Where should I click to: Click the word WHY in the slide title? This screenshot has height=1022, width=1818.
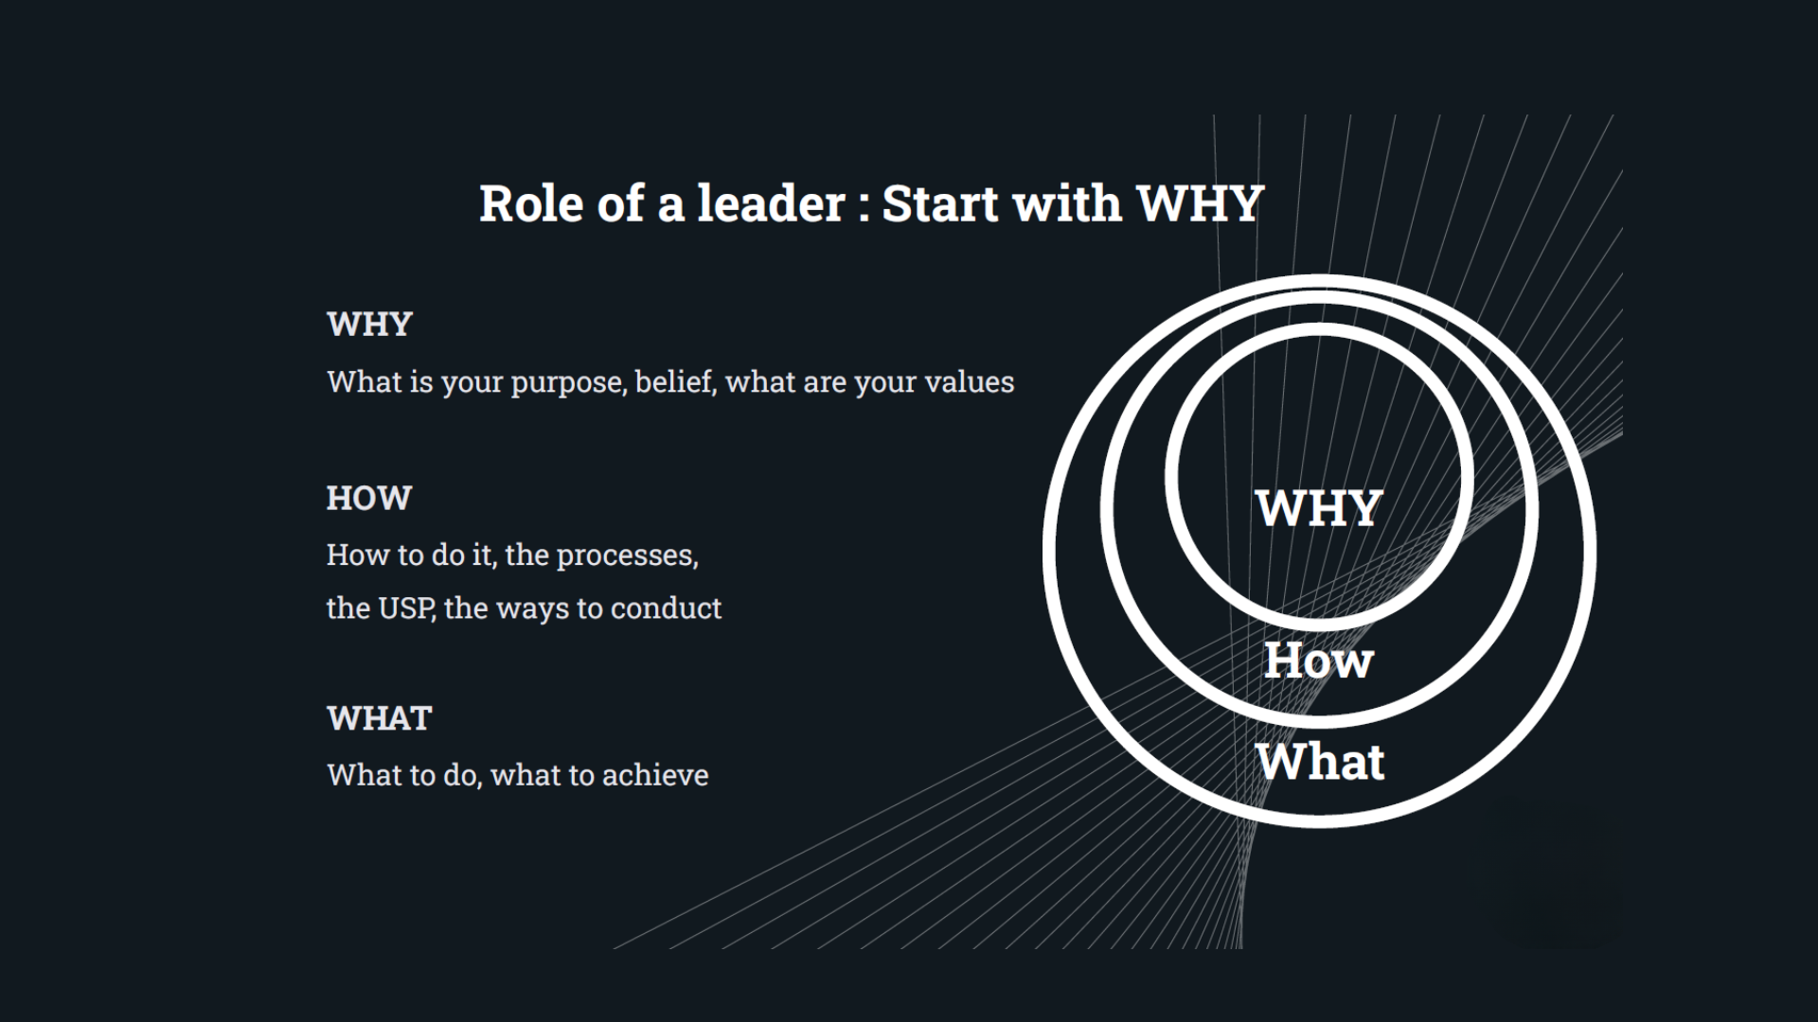1200,203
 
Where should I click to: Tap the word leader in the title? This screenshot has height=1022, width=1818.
771,203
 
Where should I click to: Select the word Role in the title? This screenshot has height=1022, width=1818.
530,203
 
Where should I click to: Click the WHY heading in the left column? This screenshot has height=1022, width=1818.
369,324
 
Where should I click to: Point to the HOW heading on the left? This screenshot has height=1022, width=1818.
368,498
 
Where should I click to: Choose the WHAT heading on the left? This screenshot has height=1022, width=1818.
379,718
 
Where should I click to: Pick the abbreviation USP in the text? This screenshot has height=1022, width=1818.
406,608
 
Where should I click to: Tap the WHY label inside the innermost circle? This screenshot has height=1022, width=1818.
1319,508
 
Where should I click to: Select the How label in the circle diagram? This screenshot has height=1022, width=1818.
1318,660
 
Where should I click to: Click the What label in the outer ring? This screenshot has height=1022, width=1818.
1320,761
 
